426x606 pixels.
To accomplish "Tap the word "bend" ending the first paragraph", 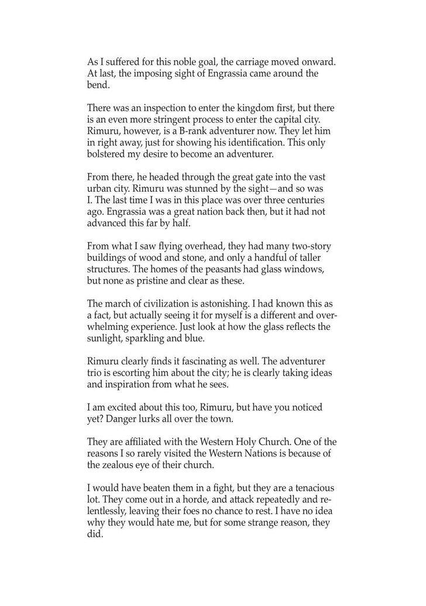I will (97, 84).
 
